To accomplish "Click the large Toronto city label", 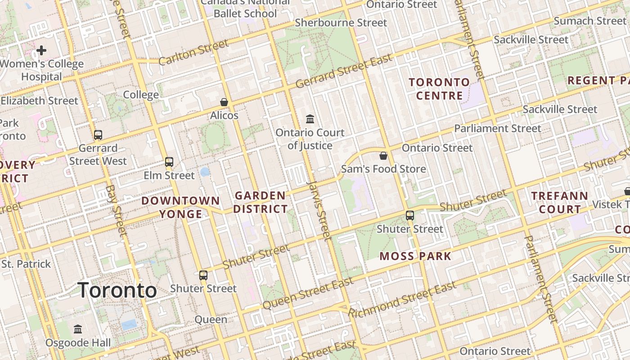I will [x=117, y=290].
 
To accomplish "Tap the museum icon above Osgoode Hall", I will [x=78, y=329].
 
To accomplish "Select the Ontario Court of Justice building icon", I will [x=310, y=119].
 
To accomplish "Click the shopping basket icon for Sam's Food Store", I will [x=383, y=156].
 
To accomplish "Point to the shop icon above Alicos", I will [x=224, y=102].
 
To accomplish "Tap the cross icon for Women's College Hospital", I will [x=41, y=50].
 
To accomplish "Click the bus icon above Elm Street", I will [x=169, y=162].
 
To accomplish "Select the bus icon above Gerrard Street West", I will [x=98, y=135].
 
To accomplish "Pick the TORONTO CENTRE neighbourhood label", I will [x=439, y=89].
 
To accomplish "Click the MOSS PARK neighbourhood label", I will [x=415, y=256].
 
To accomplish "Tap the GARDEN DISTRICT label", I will [x=260, y=202].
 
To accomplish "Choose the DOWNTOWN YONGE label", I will [x=181, y=207].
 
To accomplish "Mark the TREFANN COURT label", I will [x=560, y=202].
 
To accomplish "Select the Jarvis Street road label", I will [x=319, y=209].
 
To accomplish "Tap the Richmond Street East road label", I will [x=402, y=299].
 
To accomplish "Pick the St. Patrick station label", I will [x=26, y=264].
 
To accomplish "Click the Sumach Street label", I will [x=589, y=21].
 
